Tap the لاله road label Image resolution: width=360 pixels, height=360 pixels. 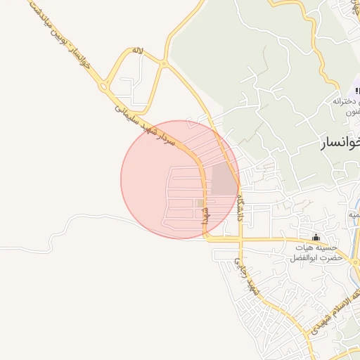(x=138, y=52)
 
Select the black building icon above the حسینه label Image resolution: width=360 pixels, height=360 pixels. (x=316, y=236)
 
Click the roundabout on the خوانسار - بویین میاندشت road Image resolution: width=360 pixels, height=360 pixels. (x=105, y=87)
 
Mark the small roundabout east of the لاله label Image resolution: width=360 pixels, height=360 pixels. (x=163, y=63)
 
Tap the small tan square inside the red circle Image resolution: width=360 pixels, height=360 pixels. (x=200, y=204)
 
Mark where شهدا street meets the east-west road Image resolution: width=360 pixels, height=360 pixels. (x=207, y=238)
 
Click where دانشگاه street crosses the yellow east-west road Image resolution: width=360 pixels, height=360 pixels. (x=240, y=239)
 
